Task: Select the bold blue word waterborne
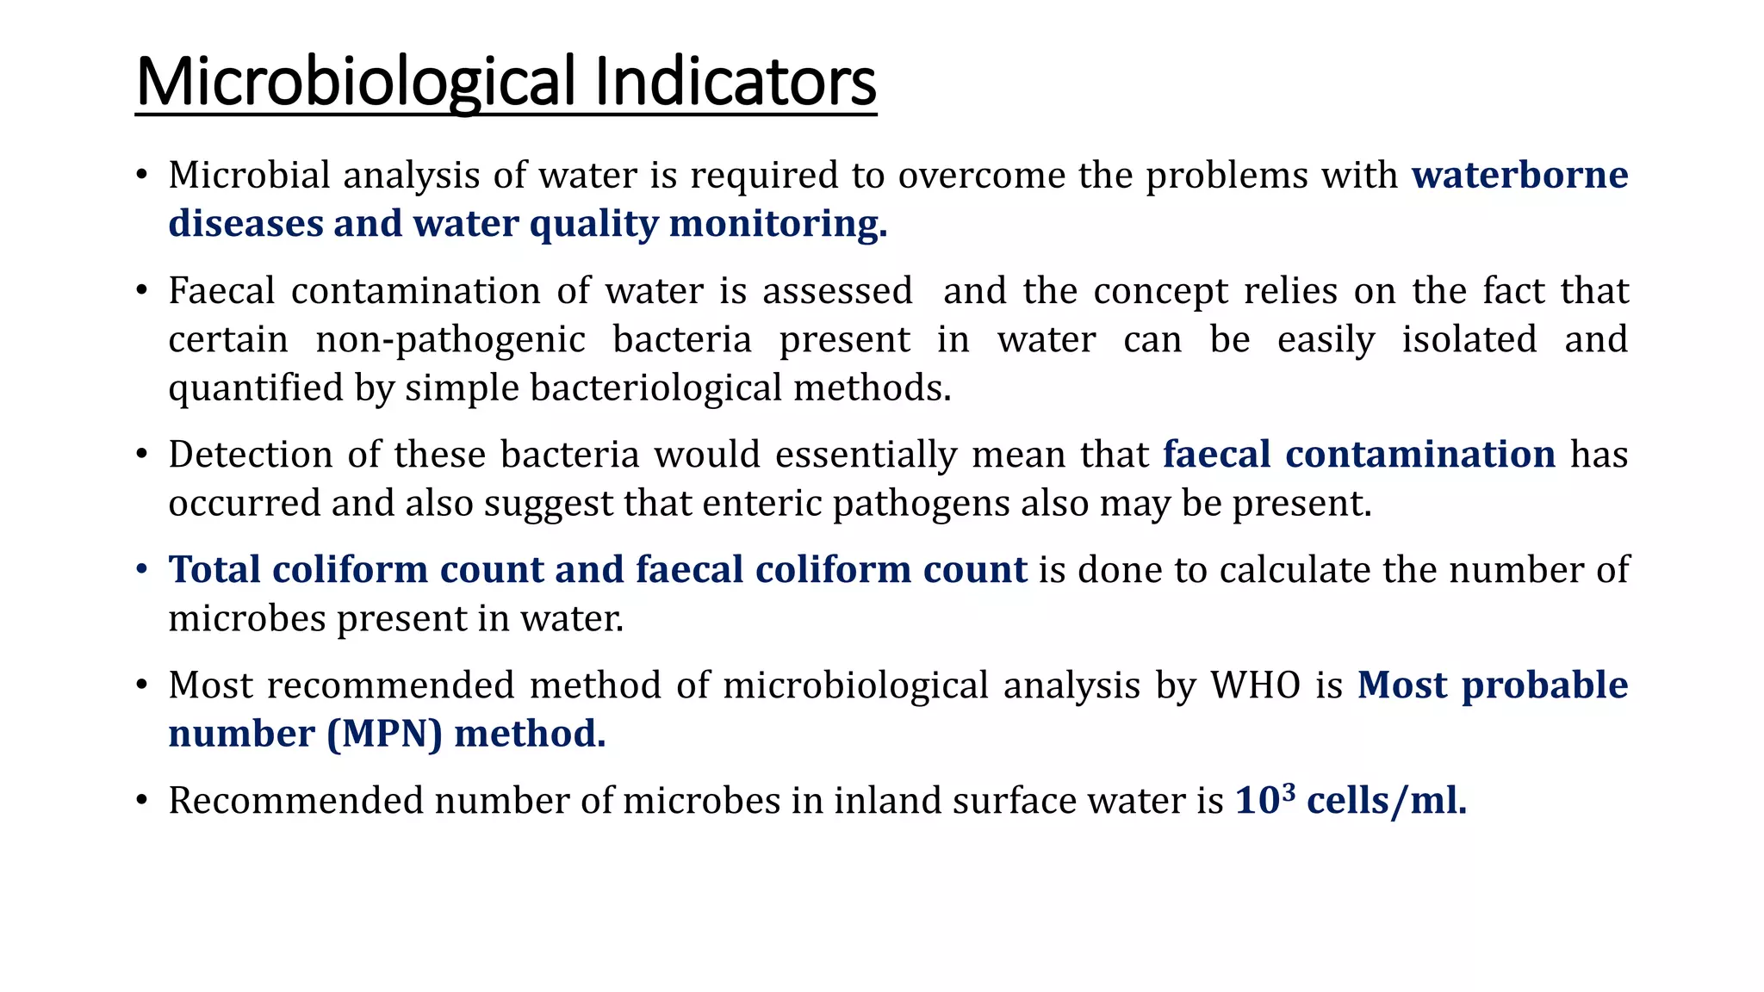1519,175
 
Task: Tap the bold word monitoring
778,224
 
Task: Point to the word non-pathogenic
450,340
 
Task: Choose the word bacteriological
655,388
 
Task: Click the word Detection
251,455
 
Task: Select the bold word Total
214,570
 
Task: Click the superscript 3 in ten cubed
1289,790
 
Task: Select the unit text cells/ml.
1386,801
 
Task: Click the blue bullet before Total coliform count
143,570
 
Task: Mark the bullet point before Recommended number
143,801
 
